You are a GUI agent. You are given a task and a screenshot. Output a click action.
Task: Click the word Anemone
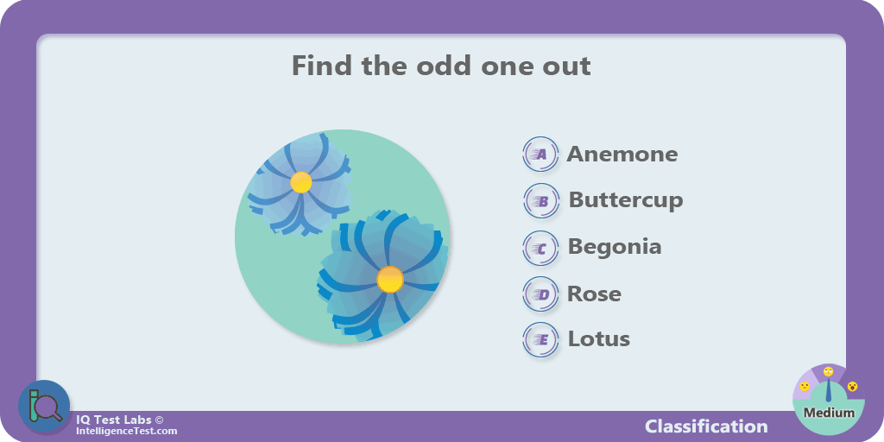[622, 154]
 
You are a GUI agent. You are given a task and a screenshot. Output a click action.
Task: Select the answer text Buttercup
[626, 200]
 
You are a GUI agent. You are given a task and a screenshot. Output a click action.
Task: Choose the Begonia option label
[615, 247]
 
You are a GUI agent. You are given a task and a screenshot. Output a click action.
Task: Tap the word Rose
[594, 294]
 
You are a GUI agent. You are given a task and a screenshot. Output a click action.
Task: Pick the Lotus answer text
[599, 338]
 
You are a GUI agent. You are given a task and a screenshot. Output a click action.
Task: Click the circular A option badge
[540, 154]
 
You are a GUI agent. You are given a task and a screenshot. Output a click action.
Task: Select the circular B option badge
[541, 200]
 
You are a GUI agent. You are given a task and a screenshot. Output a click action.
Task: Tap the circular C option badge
[540, 248]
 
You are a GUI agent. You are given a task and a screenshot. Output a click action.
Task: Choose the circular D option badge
[540, 294]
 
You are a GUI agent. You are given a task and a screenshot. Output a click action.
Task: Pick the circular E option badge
[540, 340]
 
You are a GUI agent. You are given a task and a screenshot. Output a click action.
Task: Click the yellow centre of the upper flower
[301, 182]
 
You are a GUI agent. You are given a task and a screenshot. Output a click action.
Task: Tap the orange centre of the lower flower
[390, 280]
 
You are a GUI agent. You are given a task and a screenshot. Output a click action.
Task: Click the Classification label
[706, 426]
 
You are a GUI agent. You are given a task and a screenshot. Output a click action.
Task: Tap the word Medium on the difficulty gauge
[829, 413]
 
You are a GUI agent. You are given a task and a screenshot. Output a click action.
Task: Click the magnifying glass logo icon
[44, 407]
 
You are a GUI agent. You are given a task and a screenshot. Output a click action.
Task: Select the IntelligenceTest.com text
[126, 432]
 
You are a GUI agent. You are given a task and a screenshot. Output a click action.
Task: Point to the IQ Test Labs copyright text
[120, 420]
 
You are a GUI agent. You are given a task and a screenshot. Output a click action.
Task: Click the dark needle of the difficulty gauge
[828, 393]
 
